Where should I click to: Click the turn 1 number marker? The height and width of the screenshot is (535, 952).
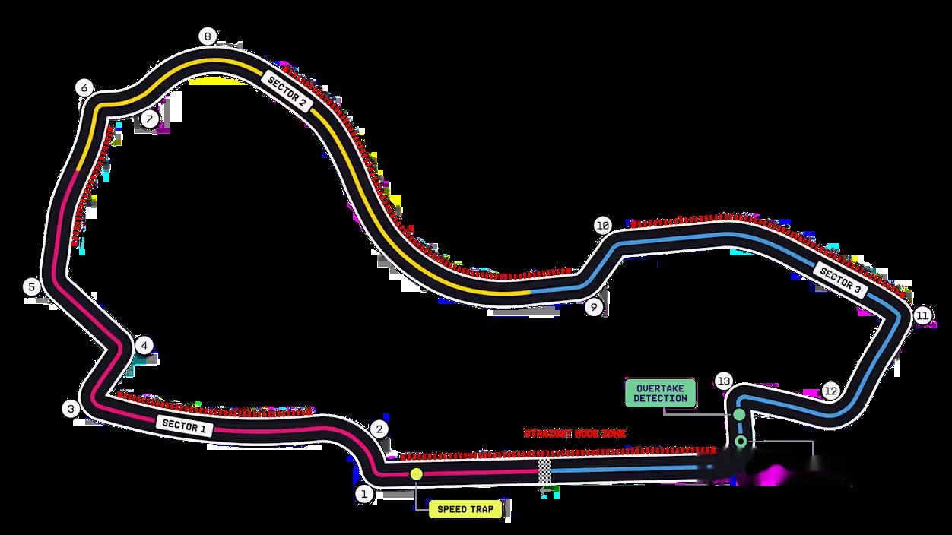[x=364, y=494]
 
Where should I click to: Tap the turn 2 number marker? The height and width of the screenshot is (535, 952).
[x=379, y=429]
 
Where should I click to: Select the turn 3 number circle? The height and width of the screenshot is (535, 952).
[x=71, y=409]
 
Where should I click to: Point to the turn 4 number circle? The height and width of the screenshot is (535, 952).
[x=144, y=346]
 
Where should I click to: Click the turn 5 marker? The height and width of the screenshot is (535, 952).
[x=31, y=287]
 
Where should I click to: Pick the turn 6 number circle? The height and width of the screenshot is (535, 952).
[x=84, y=88]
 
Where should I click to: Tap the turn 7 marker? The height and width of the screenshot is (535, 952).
[x=149, y=119]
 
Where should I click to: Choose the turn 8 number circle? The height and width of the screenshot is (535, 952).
[x=207, y=36]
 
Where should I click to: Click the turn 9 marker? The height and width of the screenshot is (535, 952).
[x=594, y=307]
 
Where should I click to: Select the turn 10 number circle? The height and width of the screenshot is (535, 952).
[x=602, y=226]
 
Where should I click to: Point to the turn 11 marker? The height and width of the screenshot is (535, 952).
[x=922, y=315]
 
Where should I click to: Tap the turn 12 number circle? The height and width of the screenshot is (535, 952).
[x=830, y=391]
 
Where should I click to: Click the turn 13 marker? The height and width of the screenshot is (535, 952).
[x=723, y=381]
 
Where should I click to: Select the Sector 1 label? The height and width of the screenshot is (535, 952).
[x=183, y=426]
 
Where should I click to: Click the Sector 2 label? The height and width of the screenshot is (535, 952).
[x=285, y=92]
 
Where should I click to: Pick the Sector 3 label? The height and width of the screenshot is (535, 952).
[x=840, y=280]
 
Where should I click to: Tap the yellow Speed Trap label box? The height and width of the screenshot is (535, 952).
[x=465, y=509]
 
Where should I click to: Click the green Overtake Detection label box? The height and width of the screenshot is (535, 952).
[x=660, y=393]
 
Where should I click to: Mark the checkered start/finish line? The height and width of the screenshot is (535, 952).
[x=544, y=471]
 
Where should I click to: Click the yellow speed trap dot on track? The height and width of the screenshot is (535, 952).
[x=416, y=473]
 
